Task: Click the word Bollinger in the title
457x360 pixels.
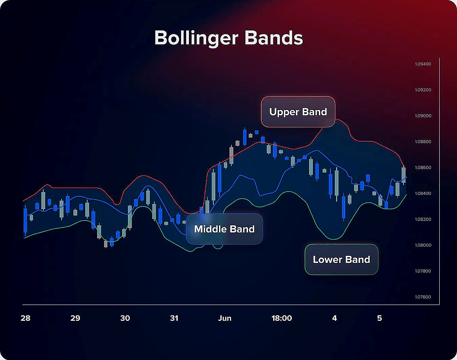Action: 196,38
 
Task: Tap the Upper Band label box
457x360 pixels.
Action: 298,112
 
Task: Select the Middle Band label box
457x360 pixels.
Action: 224,229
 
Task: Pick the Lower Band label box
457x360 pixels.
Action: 342,260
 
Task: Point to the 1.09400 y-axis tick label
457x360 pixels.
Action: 423,64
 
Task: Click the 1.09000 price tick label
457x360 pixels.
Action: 423,116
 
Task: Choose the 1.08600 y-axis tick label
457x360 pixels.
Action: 423,168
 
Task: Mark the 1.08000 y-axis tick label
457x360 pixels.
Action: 423,245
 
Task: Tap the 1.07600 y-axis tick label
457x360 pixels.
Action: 423,297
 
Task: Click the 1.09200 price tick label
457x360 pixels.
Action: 423,90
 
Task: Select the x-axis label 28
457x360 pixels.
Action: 25,318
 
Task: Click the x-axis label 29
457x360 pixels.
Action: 75,318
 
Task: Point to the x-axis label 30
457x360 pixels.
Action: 125,318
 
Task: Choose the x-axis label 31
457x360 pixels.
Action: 174,318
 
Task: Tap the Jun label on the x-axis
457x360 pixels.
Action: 225,318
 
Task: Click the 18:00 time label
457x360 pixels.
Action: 282,318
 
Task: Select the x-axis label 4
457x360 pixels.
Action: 334,318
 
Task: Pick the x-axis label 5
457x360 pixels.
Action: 379,318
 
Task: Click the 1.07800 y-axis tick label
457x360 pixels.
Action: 423,271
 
